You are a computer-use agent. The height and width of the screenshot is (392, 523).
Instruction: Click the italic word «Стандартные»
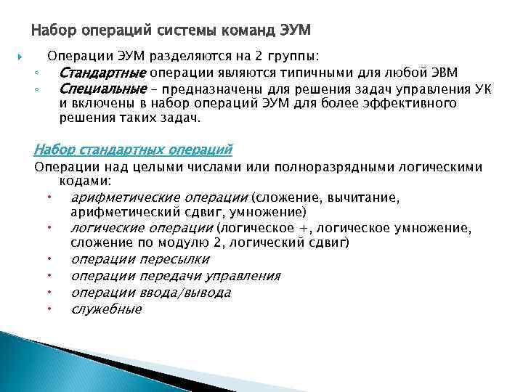[102, 73]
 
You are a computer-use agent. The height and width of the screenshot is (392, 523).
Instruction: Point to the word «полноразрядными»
[350, 167]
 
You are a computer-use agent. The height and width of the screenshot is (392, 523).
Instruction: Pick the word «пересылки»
[174, 259]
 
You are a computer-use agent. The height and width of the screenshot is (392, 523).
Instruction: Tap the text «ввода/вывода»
[185, 293]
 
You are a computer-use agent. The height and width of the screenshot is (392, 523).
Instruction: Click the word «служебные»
[107, 309]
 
